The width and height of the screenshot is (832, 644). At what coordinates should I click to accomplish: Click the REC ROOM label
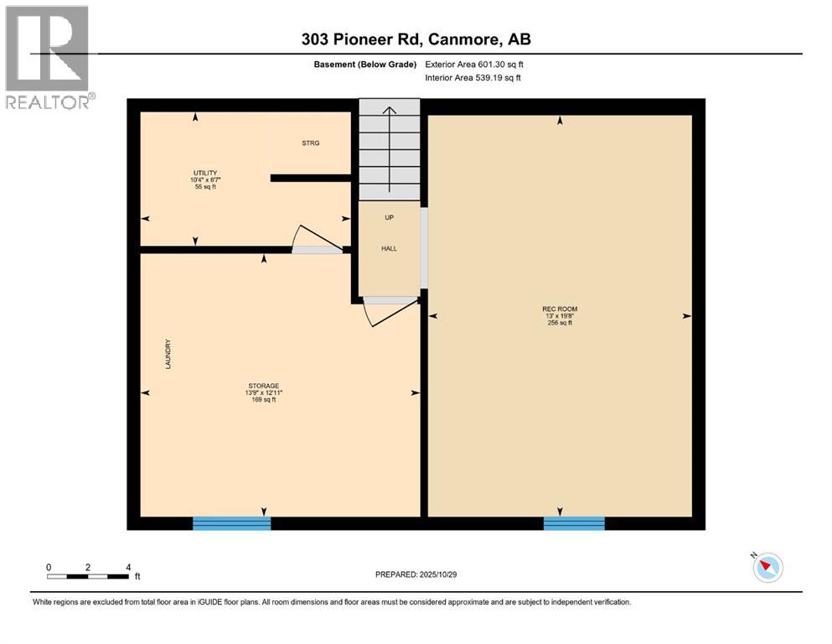[x=559, y=309]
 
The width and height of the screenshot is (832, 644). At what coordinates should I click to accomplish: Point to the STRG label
[x=311, y=143]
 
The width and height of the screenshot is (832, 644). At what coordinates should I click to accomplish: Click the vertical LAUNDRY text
[x=168, y=355]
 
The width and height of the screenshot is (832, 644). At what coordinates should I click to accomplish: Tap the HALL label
[x=389, y=249]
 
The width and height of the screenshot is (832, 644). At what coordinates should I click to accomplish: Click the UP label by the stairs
[x=389, y=218]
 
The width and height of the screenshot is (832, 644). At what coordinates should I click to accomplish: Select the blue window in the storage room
[x=232, y=523]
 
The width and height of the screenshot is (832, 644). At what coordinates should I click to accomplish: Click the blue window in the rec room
[x=574, y=523]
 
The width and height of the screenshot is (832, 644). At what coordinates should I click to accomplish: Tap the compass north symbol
[x=767, y=568]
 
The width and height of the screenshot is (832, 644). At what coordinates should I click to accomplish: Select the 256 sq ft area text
[x=559, y=323]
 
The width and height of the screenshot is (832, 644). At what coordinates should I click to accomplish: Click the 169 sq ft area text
[x=264, y=400]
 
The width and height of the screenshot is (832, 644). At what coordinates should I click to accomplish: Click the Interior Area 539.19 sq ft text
[x=473, y=78]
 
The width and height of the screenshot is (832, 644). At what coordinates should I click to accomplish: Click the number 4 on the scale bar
[x=127, y=567]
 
